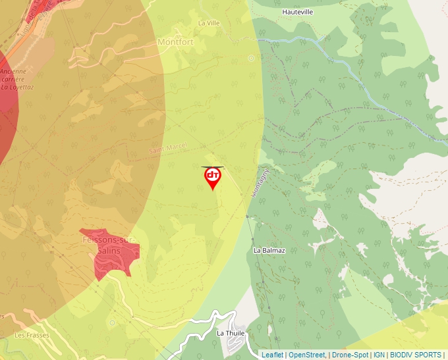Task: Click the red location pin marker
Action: [213, 177]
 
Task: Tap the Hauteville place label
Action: [297, 12]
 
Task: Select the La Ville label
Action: [209, 22]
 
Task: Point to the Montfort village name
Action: [176, 41]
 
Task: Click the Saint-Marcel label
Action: [168, 148]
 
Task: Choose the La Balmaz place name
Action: [269, 251]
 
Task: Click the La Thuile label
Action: [230, 333]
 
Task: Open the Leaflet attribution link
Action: [272, 355]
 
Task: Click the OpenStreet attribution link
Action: [307, 355]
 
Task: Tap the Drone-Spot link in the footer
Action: [350, 355]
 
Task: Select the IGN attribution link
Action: [379, 355]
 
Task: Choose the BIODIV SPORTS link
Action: [416, 355]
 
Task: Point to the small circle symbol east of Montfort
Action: [251, 58]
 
